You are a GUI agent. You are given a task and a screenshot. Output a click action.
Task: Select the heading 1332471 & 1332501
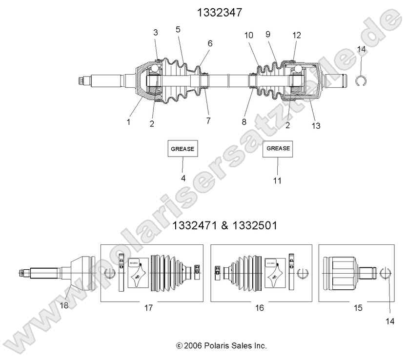point(224,226)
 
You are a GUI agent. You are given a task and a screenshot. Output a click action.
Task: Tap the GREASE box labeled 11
point(278,149)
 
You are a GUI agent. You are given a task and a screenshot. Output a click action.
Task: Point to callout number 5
point(178,30)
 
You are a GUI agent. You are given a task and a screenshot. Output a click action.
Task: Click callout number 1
point(129,122)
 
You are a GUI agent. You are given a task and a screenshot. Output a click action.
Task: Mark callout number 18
point(64,305)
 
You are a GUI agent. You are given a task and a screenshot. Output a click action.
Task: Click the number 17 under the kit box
point(149,307)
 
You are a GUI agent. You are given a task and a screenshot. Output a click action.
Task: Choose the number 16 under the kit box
point(259,307)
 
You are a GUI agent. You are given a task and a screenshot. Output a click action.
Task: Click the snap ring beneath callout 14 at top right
point(361,81)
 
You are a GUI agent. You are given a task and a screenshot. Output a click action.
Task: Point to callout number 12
point(297,35)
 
